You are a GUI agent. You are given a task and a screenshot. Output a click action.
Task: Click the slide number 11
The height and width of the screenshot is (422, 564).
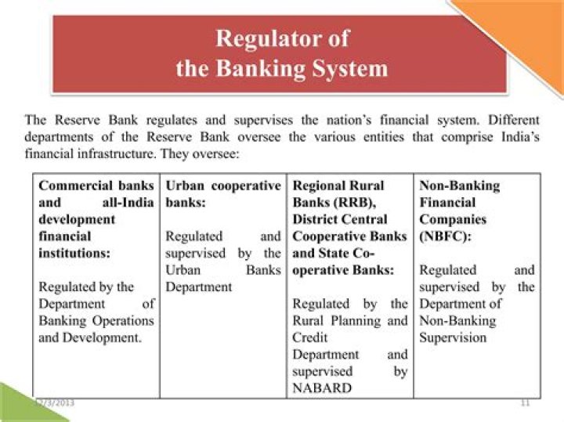click(526, 403)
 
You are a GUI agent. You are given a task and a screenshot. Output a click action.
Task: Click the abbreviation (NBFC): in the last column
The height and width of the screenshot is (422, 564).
click(443, 236)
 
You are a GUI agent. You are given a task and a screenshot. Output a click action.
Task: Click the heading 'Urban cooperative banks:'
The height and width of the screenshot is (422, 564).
click(223, 194)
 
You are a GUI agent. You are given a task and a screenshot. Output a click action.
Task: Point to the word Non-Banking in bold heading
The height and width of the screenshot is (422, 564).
click(459, 186)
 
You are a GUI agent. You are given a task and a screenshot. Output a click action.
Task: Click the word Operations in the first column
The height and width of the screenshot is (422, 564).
click(125, 320)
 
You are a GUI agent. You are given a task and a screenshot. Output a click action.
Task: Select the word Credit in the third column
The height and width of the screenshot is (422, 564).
click(310, 337)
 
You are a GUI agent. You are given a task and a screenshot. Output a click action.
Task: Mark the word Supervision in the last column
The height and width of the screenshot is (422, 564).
click(453, 337)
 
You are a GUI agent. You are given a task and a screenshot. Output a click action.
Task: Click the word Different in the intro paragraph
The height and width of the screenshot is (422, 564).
click(514, 121)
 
